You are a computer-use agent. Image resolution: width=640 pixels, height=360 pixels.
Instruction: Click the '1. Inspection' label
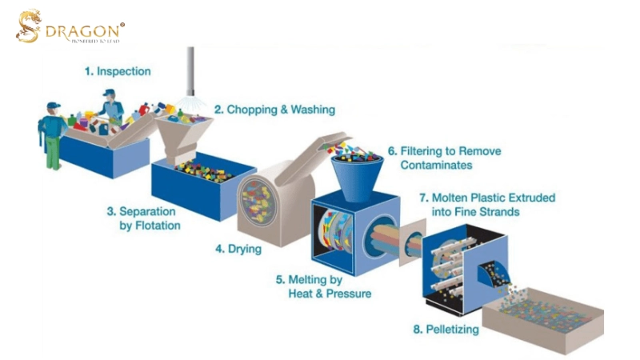[x=118, y=71]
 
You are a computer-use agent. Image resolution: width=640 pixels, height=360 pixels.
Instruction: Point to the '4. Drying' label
[x=238, y=249]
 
